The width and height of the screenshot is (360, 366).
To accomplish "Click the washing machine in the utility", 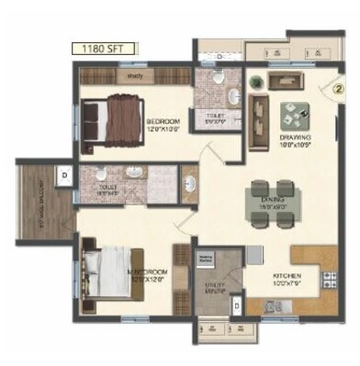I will (x=206, y=261).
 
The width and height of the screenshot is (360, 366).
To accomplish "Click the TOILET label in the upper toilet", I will (x=214, y=116).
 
